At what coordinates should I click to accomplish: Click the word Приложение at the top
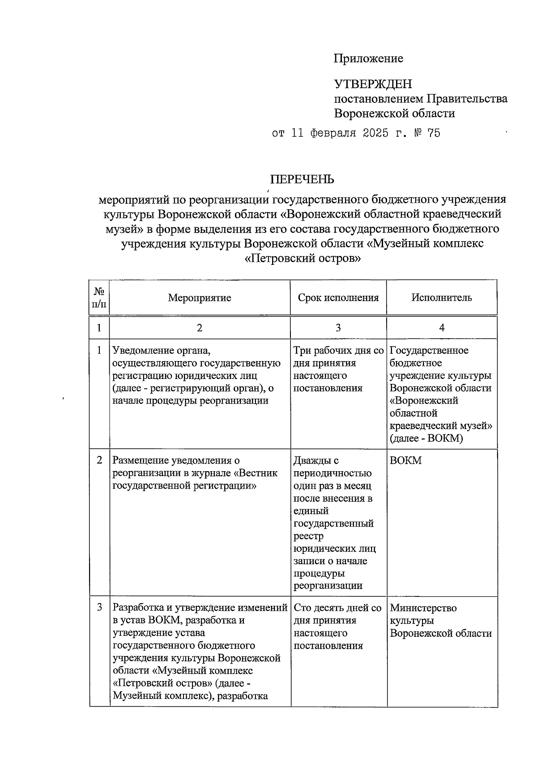[368, 59]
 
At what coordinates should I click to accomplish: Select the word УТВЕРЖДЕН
[373, 84]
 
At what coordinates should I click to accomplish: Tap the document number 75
[434, 133]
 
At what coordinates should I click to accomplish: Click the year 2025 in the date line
[373, 133]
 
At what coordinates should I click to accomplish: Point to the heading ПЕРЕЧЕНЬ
[302, 179]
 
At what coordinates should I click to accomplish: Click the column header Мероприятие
[200, 298]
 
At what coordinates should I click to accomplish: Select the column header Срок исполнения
[338, 298]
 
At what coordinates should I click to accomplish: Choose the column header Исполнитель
[442, 298]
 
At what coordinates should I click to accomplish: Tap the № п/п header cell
[99, 298]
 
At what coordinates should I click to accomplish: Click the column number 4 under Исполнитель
[442, 328]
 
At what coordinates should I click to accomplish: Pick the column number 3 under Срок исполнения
[338, 328]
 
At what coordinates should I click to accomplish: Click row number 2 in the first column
[99, 460]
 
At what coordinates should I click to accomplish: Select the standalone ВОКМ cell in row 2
[406, 460]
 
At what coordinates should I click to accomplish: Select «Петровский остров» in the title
[303, 259]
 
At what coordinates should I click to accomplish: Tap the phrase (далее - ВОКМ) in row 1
[426, 438]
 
